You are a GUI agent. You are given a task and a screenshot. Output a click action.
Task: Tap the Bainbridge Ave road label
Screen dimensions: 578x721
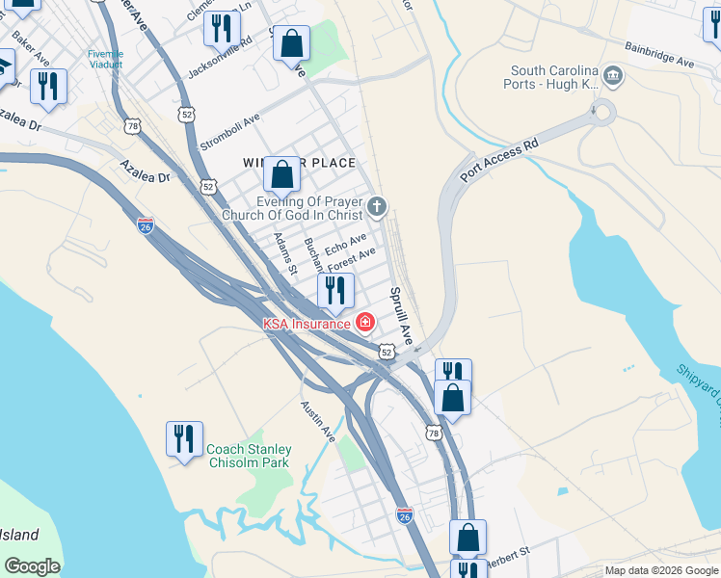pyautogui.click(x=659, y=54)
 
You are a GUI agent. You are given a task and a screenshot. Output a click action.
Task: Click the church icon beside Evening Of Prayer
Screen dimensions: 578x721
pyautogui.click(x=376, y=205)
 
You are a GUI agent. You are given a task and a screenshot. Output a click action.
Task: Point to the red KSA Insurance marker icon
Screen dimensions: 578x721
pyautogui.click(x=365, y=323)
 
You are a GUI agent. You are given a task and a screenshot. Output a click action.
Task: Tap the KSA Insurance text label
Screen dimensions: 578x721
pyautogui.click(x=307, y=324)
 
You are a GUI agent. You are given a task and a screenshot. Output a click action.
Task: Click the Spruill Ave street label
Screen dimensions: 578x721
pyautogui.click(x=400, y=316)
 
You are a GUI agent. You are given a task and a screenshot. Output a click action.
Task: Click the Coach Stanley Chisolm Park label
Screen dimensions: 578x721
pyautogui.click(x=249, y=456)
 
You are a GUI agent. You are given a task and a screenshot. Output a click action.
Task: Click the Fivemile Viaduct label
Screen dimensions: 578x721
pyautogui.click(x=105, y=60)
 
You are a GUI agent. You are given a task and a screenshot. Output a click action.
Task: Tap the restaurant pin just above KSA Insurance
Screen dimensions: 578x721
pyautogui.click(x=335, y=290)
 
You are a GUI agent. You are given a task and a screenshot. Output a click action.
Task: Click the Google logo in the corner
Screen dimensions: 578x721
pyautogui.click(x=32, y=566)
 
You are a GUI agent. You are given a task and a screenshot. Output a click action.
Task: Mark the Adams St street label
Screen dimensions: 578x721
pyautogui.click(x=283, y=254)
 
